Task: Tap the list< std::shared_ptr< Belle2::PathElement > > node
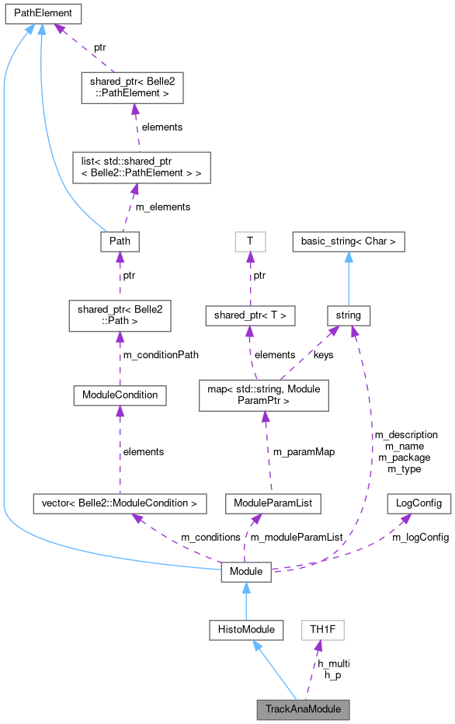137,167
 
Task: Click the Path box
120,242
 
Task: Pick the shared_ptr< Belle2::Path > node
120,315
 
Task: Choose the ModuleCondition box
120,395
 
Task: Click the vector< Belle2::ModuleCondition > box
120,503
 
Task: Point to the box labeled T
249,242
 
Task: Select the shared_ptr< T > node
249,315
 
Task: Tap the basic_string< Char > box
349,242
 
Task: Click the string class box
349,315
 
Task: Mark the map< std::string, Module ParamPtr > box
265,395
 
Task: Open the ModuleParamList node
273,503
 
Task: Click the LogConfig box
419,503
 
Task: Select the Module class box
246,572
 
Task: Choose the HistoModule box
246,630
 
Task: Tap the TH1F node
322,630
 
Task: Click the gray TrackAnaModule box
304,709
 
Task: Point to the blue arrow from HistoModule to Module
246,601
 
